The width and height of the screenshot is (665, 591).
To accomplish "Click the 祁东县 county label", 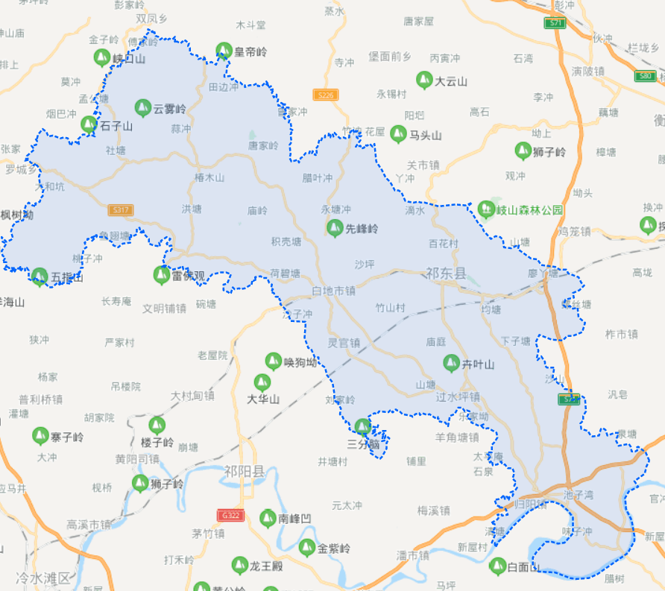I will [446, 274].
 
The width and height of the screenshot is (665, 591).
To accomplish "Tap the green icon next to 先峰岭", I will [335, 228].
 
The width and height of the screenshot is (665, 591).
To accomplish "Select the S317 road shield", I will [120, 210].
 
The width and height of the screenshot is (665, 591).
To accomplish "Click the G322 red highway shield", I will [230, 515].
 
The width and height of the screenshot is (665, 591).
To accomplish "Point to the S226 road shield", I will [326, 95].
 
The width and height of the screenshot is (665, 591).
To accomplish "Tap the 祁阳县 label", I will [245, 471].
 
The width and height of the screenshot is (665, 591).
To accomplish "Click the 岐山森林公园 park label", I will [529, 210].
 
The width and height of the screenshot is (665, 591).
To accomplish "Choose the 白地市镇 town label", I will [333, 291].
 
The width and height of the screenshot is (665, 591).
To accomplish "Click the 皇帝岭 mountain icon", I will [224, 51].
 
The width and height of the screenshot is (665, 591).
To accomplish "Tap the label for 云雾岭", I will [170, 109].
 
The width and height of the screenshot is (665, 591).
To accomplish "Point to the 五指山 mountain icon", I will [40, 276].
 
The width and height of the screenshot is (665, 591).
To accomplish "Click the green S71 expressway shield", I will [555, 23].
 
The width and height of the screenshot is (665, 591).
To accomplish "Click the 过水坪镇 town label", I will [458, 397].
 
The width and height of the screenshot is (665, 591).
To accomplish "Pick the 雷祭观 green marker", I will [161, 274].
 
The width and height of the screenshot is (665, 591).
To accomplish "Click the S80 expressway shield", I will [646, 76].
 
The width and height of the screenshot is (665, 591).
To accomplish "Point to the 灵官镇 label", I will [344, 343].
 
